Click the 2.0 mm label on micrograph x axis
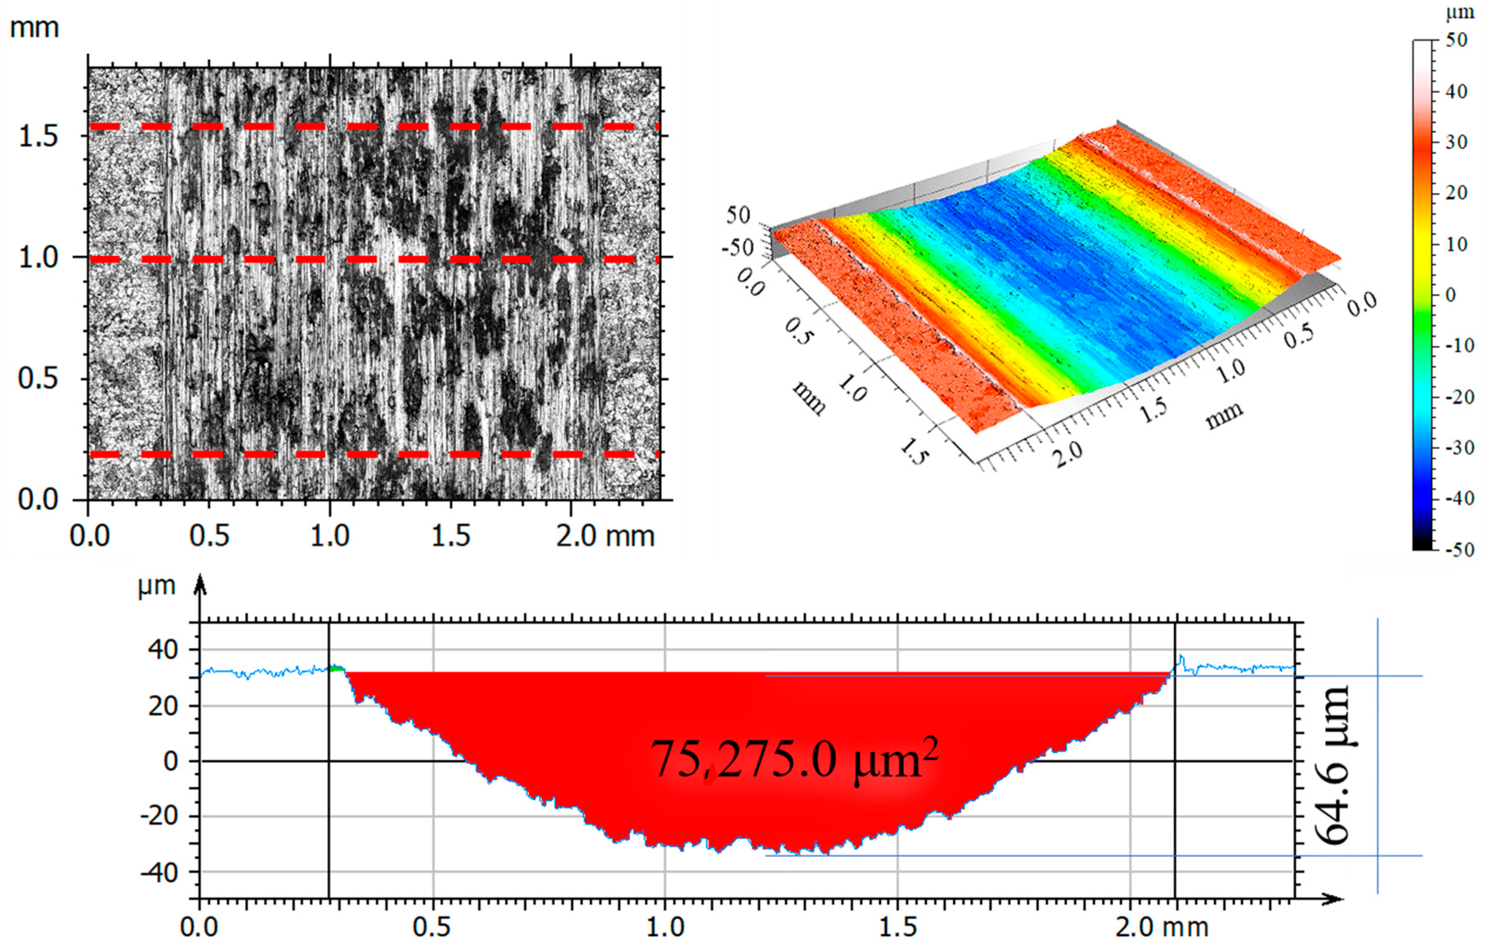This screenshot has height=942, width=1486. point(605,535)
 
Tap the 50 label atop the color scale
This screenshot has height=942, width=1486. point(1456,41)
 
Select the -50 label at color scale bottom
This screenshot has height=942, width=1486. point(1460,550)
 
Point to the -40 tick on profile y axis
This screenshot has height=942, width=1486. point(159,873)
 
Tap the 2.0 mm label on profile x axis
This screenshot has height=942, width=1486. point(1161,927)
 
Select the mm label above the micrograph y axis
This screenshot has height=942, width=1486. point(35,28)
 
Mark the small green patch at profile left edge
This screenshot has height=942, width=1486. point(336,669)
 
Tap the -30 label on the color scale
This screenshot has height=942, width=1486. point(1460,448)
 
